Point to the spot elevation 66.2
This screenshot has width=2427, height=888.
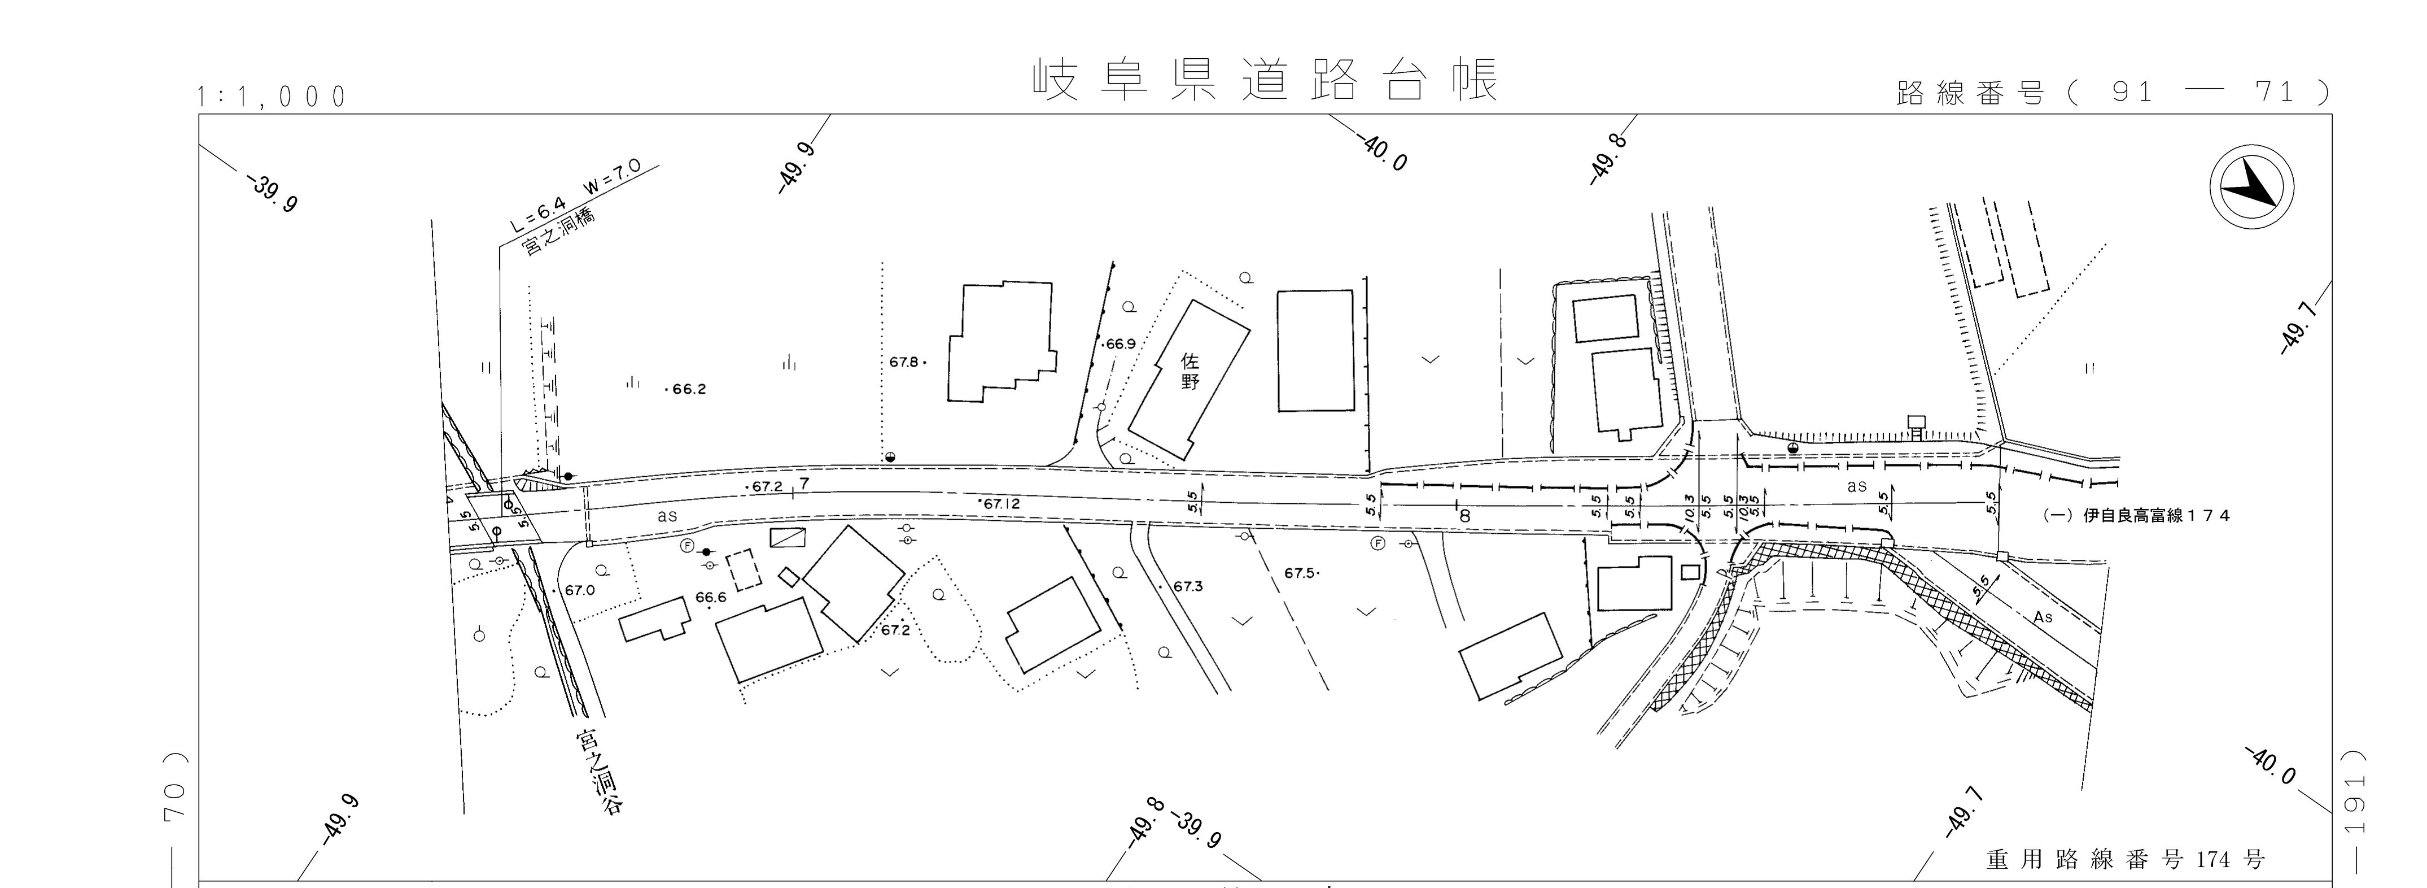pos(687,389)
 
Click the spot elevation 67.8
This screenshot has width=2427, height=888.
pos(904,361)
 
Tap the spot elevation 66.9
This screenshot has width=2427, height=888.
pos(1120,344)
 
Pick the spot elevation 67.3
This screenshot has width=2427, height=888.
pos(1187,586)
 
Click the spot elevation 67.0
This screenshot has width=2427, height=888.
pos(579,590)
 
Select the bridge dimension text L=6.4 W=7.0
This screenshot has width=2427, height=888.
pos(575,194)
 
